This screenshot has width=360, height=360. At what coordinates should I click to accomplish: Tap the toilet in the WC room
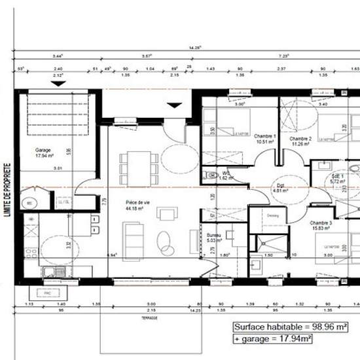(211, 175)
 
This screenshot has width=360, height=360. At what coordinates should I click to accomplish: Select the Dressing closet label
(273, 215)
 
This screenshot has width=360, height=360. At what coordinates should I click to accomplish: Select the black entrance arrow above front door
(175, 104)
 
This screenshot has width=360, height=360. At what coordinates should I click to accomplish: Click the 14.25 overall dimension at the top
(194, 48)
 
